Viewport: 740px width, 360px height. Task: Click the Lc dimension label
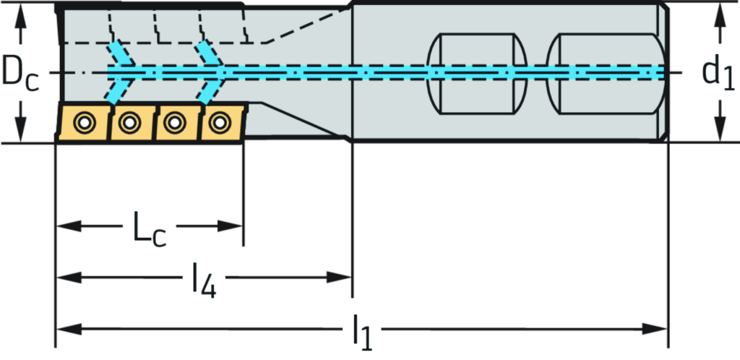point(148,226)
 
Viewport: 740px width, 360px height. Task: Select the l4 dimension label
point(204,278)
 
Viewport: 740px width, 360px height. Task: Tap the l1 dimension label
point(362,330)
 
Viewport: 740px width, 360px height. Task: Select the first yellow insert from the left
point(82,122)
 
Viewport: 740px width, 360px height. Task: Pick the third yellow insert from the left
point(173,122)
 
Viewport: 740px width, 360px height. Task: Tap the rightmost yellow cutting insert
point(218,122)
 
